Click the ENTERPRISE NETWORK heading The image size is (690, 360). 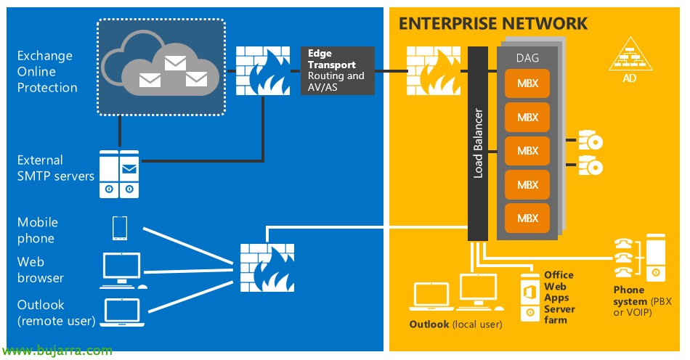pos(492,24)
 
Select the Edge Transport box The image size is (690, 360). pos(337,70)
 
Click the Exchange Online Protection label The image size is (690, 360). pos(47,72)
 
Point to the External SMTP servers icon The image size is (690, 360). pos(118,174)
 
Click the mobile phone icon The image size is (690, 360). pos(120,229)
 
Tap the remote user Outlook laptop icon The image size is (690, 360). pos(121,311)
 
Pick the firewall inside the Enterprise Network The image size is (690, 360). pos(431,71)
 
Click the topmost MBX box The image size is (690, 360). pos(528,83)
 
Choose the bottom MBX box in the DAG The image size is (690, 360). pos(528,217)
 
